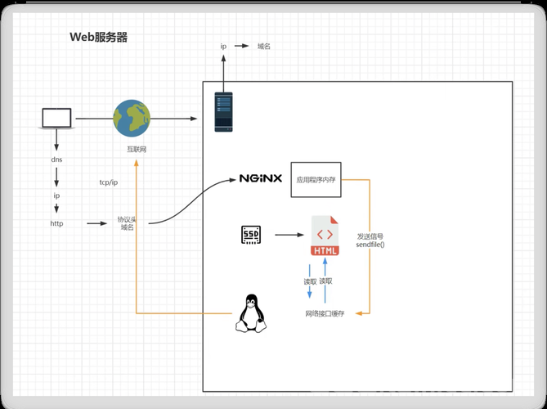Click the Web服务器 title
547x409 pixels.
click(99, 37)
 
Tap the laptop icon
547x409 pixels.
click(56, 119)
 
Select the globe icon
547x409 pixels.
click(132, 119)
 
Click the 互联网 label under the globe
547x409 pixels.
click(137, 150)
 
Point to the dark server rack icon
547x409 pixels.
click(223, 112)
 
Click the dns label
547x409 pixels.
click(56, 160)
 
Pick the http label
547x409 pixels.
click(57, 223)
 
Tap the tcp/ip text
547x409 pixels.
click(109, 182)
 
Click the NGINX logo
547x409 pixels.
click(261, 178)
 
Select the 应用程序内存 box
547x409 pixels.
click(316, 180)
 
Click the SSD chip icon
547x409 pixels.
click(251, 235)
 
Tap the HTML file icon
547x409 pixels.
click(325, 236)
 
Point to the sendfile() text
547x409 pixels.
click(370, 245)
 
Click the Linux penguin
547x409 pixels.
click(251, 313)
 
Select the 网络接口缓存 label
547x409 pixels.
click(325, 314)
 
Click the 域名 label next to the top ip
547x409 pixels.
click(264, 46)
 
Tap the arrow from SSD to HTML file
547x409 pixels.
click(289, 235)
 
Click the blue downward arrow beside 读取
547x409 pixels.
click(309, 281)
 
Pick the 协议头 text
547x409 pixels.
click(126, 219)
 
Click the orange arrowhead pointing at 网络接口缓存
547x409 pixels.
click(358, 313)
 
